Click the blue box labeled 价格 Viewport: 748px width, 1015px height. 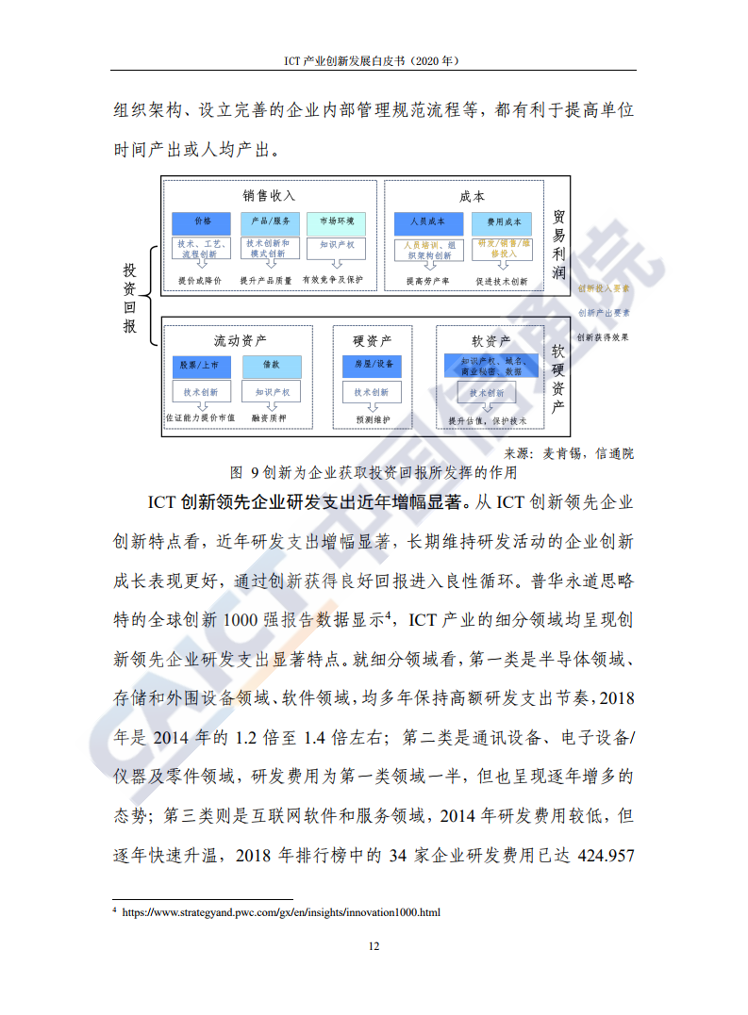pyautogui.click(x=203, y=221)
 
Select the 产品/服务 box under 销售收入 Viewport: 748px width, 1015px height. pyautogui.click(x=269, y=221)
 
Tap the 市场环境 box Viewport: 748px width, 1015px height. pyautogui.click(x=336, y=221)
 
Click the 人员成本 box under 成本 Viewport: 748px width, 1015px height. pyautogui.click(x=427, y=222)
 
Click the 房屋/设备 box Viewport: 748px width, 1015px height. pyautogui.click(x=373, y=365)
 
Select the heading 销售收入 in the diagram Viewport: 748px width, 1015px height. pyautogui.click(x=269, y=196)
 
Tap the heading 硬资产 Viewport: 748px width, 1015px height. pyautogui.click(x=373, y=340)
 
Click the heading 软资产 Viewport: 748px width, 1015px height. pyautogui.click(x=491, y=340)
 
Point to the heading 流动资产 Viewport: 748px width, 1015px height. pyautogui.click(x=240, y=340)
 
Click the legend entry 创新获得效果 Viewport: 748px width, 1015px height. pyautogui.click(x=603, y=336)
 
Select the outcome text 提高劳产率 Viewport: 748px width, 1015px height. pyautogui.click(x=427, y=281)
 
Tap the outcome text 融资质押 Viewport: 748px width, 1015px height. pyautogui.click(x=271, y=417)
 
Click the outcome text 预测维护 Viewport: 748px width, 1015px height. pyautogui.click(x=373, y=418)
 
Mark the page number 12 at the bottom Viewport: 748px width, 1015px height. pyautogui.click(x=374, y=945)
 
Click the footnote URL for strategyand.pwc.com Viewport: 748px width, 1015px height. pyautogui.click(x=280, y=912)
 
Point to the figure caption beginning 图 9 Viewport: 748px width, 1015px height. pyautogui.click(x=374, y=471)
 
